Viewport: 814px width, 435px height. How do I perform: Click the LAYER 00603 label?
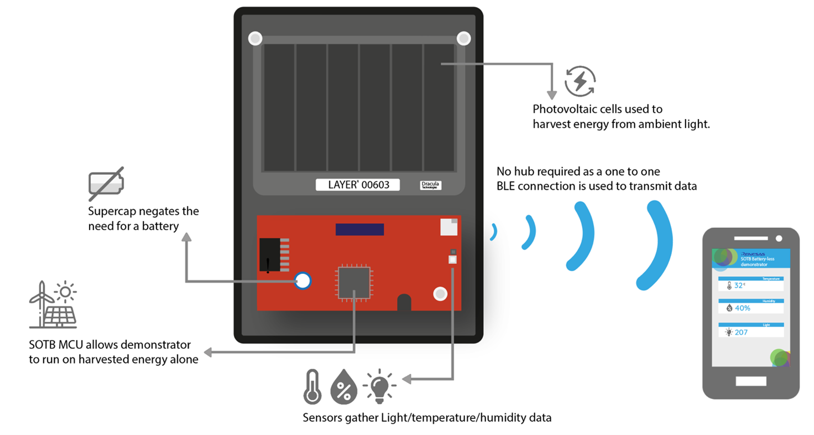(357, 185)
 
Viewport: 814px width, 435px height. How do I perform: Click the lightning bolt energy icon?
(580, 81)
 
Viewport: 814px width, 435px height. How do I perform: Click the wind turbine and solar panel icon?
(53, 304)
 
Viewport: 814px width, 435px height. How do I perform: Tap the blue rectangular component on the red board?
(359, 229)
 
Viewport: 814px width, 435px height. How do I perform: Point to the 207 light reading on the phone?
(740, 332)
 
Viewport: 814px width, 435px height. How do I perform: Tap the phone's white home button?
(750, 381)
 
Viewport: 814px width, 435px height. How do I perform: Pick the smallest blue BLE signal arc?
(493, 232)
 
